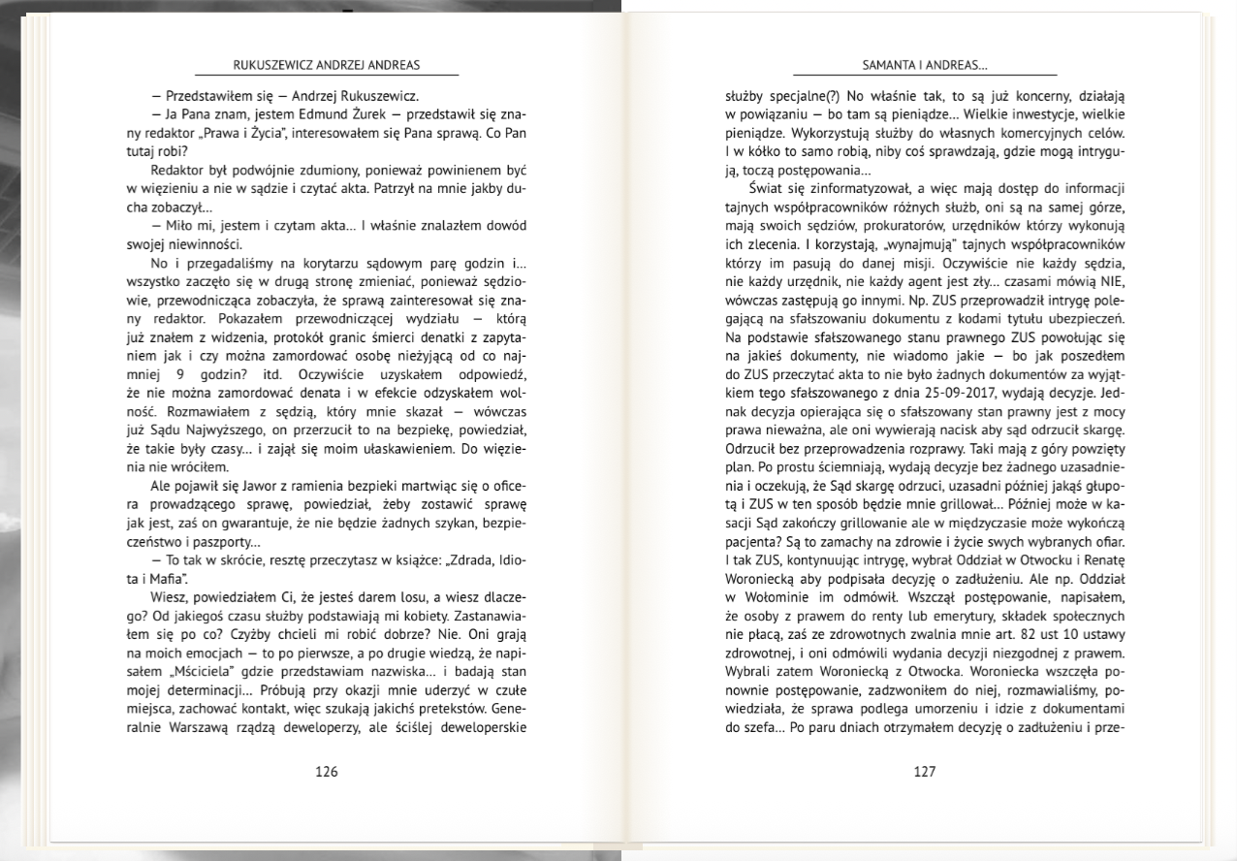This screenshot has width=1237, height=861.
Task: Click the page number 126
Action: tap(327, 772)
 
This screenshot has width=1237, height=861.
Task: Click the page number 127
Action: tap(925, 772)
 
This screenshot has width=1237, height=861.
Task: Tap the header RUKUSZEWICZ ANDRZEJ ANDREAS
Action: tap(327, 66)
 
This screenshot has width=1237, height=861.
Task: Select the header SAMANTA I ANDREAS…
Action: tap(925, 66)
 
